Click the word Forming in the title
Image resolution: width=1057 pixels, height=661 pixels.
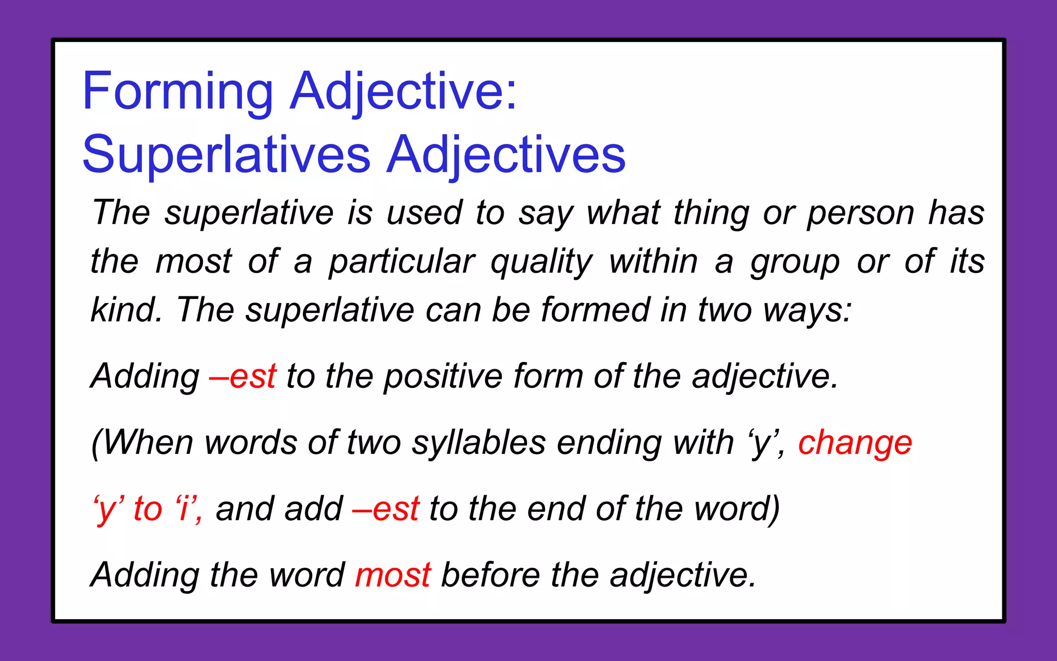pyautogui.click(x=178, y=91)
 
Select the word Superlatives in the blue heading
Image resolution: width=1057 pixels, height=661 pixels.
pyautogui.click(x=226, y=154)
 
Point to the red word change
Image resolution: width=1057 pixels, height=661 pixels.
pyautogui.click(x=855, y=443)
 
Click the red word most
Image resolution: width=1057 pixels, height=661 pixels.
pyautogui.click(x=393, y=575)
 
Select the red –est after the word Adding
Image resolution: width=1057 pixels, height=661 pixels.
pyautogui.click(x=243, y=376)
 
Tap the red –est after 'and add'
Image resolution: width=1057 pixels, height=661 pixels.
pyautogui.click(x=386, y=509)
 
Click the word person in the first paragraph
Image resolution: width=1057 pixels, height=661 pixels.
pyautogui.click(x=860, y=213)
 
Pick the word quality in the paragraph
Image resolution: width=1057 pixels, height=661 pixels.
pyautogui.click(x=541, y=262)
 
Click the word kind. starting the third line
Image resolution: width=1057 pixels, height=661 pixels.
pyautogui.click(x=126, y=310)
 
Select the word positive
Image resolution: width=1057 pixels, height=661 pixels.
pyautogui.click(x=443, y=376)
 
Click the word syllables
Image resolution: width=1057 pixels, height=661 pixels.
pyautogui.click(x=478, y=443)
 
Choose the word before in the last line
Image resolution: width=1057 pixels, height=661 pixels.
pyautogui.click(x=490, y=575)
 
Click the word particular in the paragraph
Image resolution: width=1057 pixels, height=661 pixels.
pyautogui.click(x=402, y=262)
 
